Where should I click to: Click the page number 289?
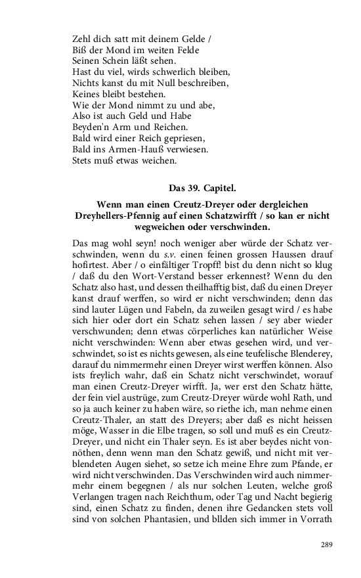[327, 545]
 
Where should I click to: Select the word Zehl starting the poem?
[82, 39]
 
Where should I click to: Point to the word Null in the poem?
[169, 83]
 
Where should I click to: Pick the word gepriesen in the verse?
[179, 139]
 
